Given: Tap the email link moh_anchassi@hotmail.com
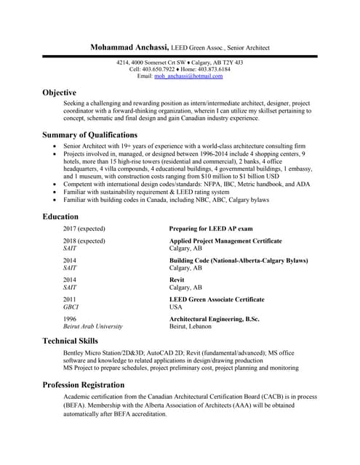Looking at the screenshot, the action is (189, 76).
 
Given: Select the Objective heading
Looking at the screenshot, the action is (60, 93).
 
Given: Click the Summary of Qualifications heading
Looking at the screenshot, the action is (89, 134).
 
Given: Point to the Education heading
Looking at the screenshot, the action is (61, 217).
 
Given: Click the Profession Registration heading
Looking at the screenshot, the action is (83, 384).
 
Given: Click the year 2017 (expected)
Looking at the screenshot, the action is (84, 228).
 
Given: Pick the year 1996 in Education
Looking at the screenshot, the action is (71, 319).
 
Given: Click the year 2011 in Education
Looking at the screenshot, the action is (71, 299).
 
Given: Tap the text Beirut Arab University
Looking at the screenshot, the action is (93, 327).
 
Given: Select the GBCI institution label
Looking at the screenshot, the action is (71, 307).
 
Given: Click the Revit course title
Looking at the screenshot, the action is (177, 280).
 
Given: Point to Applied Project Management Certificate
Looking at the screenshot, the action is (225, 240).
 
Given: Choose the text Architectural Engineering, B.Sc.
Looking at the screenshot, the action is (214, 319).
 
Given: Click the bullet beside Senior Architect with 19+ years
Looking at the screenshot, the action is (56, 147).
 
